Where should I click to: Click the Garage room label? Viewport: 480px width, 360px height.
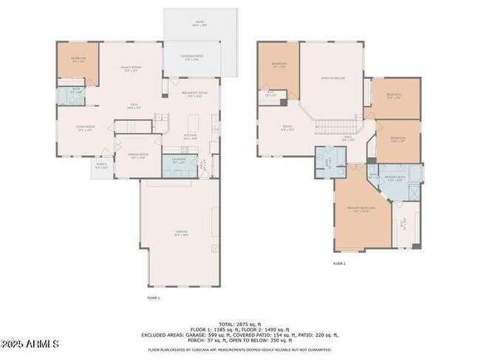[x=181, y=233]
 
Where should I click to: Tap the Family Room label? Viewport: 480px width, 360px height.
[x=131, y=69]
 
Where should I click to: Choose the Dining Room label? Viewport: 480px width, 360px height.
[x=139, y=156]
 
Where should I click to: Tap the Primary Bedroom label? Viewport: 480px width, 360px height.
[x=362, y=210]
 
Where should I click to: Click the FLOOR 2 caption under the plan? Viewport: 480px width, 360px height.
[x=339, y=263]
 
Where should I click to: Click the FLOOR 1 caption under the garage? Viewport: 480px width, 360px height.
[x=154, y=297]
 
